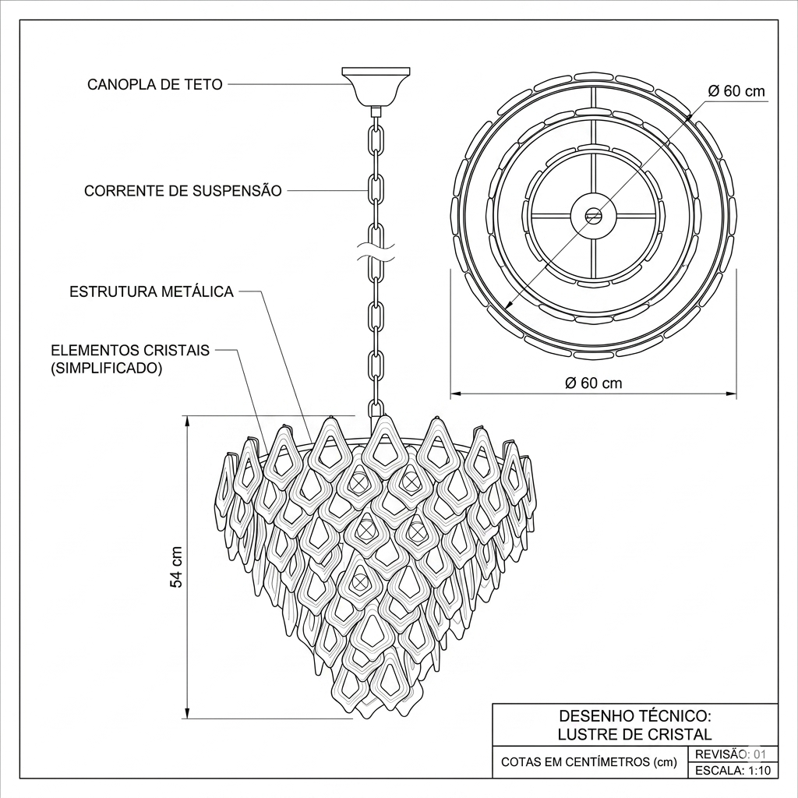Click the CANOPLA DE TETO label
point(155,84)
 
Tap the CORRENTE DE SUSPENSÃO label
point(182,191)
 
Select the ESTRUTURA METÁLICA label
point(152,291)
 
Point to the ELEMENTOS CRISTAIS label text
point(130,350)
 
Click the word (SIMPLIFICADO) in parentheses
point(106,368)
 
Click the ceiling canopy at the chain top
point(376,86)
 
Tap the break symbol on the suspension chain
point(376,252)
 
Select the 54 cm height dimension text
point(175,567)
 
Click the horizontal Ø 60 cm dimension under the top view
point(593,383)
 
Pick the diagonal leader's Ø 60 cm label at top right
point(736,91)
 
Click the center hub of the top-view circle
point(593,215)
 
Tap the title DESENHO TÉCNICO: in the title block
point(634,715)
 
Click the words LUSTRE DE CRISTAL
point(634,734)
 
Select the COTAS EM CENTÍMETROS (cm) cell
point(589,762)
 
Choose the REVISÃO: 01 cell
point(733,754)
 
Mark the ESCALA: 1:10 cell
point(733,770)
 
